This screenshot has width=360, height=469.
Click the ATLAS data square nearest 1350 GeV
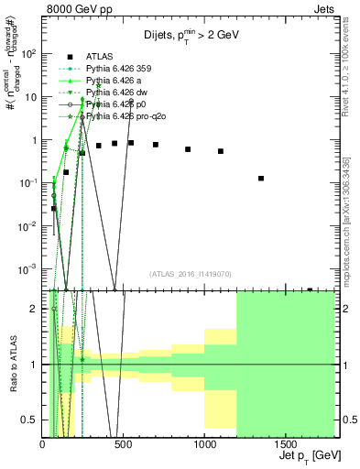click(x=261, y=178)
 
